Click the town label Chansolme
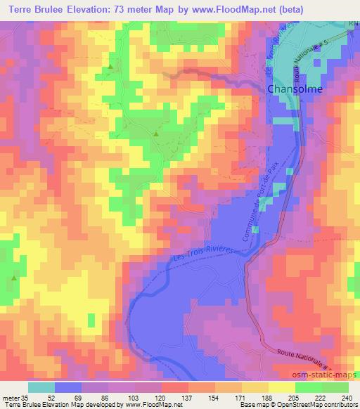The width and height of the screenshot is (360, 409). (295, 89)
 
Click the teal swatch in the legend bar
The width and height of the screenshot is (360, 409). (41, 387)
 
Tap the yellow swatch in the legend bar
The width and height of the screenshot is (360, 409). (281, 387)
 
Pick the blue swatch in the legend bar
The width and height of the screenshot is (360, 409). (68, 387)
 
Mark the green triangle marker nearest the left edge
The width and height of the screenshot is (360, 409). (13, 278)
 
